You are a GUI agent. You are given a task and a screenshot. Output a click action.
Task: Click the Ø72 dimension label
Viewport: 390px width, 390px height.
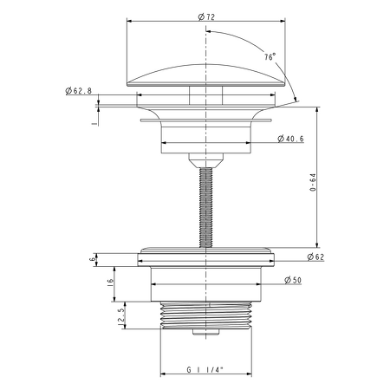[x=206, y=17]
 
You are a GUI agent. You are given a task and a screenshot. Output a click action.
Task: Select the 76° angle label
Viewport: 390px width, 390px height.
[x=270, y=57]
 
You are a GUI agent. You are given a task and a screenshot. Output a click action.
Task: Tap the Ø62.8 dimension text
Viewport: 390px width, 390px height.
[x=79, y=91]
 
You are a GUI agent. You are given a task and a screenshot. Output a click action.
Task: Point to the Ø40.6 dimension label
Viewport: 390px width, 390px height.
[x=290, y=139]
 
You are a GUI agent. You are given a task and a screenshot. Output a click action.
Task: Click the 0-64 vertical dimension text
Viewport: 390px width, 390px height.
[x=313, y=182]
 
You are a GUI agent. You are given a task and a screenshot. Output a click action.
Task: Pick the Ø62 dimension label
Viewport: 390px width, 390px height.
[x=315, y=257]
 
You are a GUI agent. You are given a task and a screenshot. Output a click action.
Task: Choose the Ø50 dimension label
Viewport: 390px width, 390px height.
[x=293, y=280]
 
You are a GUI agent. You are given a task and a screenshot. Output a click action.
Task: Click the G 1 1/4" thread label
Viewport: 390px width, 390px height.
[x=205, y=369]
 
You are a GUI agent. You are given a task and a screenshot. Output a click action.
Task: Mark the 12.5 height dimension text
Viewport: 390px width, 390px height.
[x=121, y=317]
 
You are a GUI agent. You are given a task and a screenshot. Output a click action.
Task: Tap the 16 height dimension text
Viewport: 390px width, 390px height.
[x=110, y=283]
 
